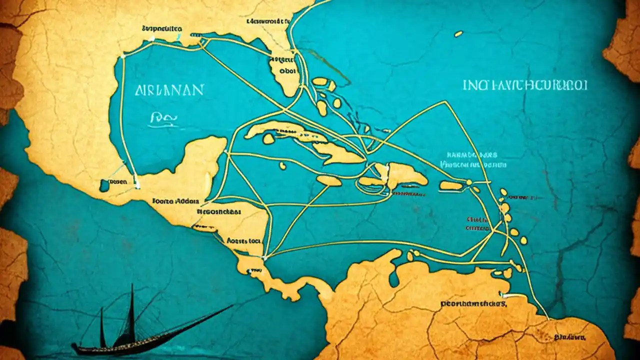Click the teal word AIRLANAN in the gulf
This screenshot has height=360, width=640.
coord(169,90)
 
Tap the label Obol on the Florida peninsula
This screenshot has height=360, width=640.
coord(286,70)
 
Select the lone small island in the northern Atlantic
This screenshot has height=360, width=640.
coord(458,34)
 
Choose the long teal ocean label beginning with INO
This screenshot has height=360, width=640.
coord(525,84)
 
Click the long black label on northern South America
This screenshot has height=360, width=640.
coord(473,303)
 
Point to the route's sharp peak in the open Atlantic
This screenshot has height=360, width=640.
coord(444,102)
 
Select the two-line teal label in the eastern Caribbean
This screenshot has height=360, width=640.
coord(472,159)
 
